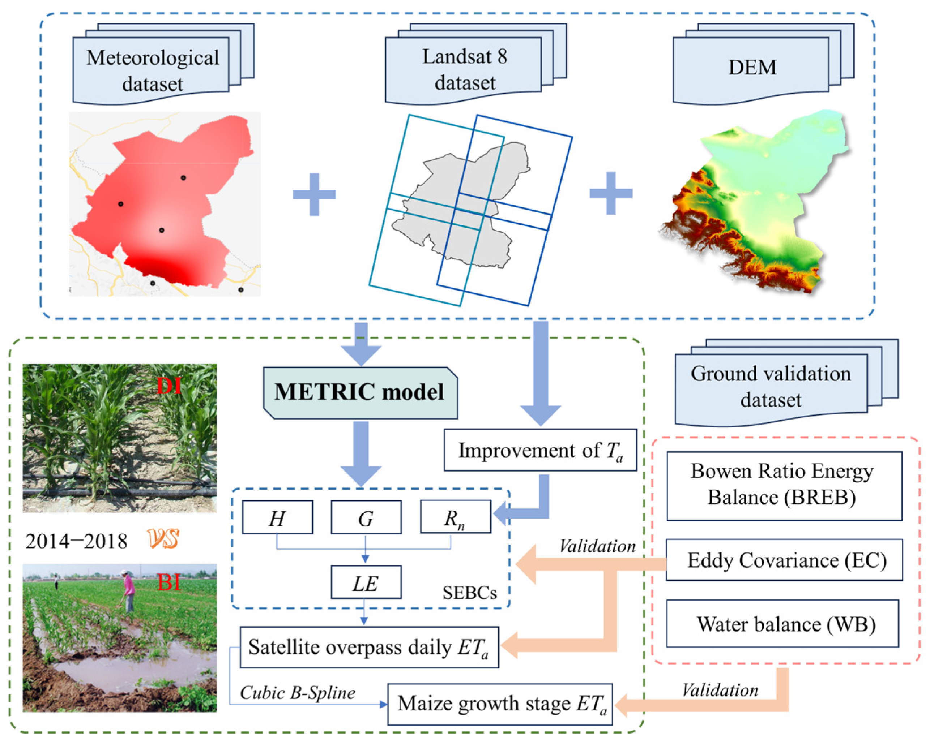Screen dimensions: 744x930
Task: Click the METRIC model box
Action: pyautogui.click(x=360, y=393)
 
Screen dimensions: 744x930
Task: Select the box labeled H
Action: pyautogui.click(x=277, y=517)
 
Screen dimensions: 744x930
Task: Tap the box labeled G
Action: pyautogui.click(x=366, y=517)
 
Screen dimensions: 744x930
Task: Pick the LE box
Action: pyautogui.click(x=366, y=582)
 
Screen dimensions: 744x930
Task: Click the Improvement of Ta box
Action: pyautogui.click(x=540, y=450)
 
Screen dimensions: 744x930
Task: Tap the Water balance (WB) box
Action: pyautogui.click(x=782, y=623)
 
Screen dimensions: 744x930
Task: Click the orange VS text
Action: pyautogui.click(x=163, y=539)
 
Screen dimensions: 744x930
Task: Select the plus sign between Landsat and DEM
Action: pyautogui.click(x=610, y=193)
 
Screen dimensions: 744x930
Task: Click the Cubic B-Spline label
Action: pyautogui.click(x=298, y=693)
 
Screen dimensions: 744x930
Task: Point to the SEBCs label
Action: pyautogui.click(x=469, y=593)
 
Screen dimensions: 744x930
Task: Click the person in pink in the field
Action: pyautogui.click(x=128, y=590)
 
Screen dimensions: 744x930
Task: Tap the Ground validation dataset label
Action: pyautogui.click(x=771, y=386)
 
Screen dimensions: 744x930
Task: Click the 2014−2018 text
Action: pyautogui.click(x=76, y=541)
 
